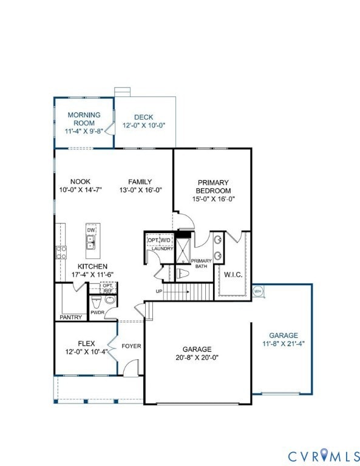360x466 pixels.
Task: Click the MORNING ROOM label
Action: (84, 118)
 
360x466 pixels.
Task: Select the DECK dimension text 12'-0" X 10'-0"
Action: (144, 126)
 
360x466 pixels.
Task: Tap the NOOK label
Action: (80, 181)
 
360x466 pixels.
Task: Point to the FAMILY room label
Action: (140, 181)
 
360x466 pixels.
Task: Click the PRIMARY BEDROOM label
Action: (212, 186)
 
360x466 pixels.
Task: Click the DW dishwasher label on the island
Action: (90, 230)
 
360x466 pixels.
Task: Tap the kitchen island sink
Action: (90, 242)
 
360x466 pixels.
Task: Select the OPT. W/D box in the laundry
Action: (159, 240)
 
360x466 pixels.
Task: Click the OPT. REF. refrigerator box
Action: (108, 288)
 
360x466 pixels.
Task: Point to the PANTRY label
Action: (70, 317)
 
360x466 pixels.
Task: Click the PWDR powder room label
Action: (97, 313)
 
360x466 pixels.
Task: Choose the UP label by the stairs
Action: (159, 291)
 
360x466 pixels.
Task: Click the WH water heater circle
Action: (257, 291)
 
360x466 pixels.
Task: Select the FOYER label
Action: (131, 346)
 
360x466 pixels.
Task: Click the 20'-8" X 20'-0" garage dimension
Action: (197, 357)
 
